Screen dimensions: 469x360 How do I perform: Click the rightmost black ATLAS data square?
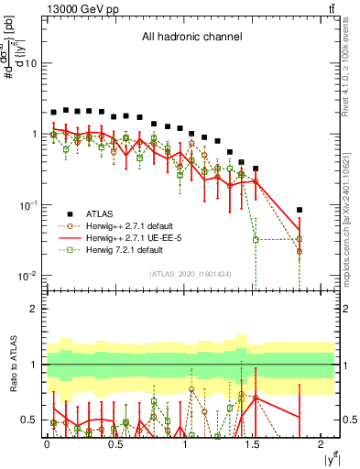click(x=300, y=210)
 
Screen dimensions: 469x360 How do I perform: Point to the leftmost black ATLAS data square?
click(x=54, y=112)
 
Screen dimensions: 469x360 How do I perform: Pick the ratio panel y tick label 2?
click(x=32, y=309)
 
